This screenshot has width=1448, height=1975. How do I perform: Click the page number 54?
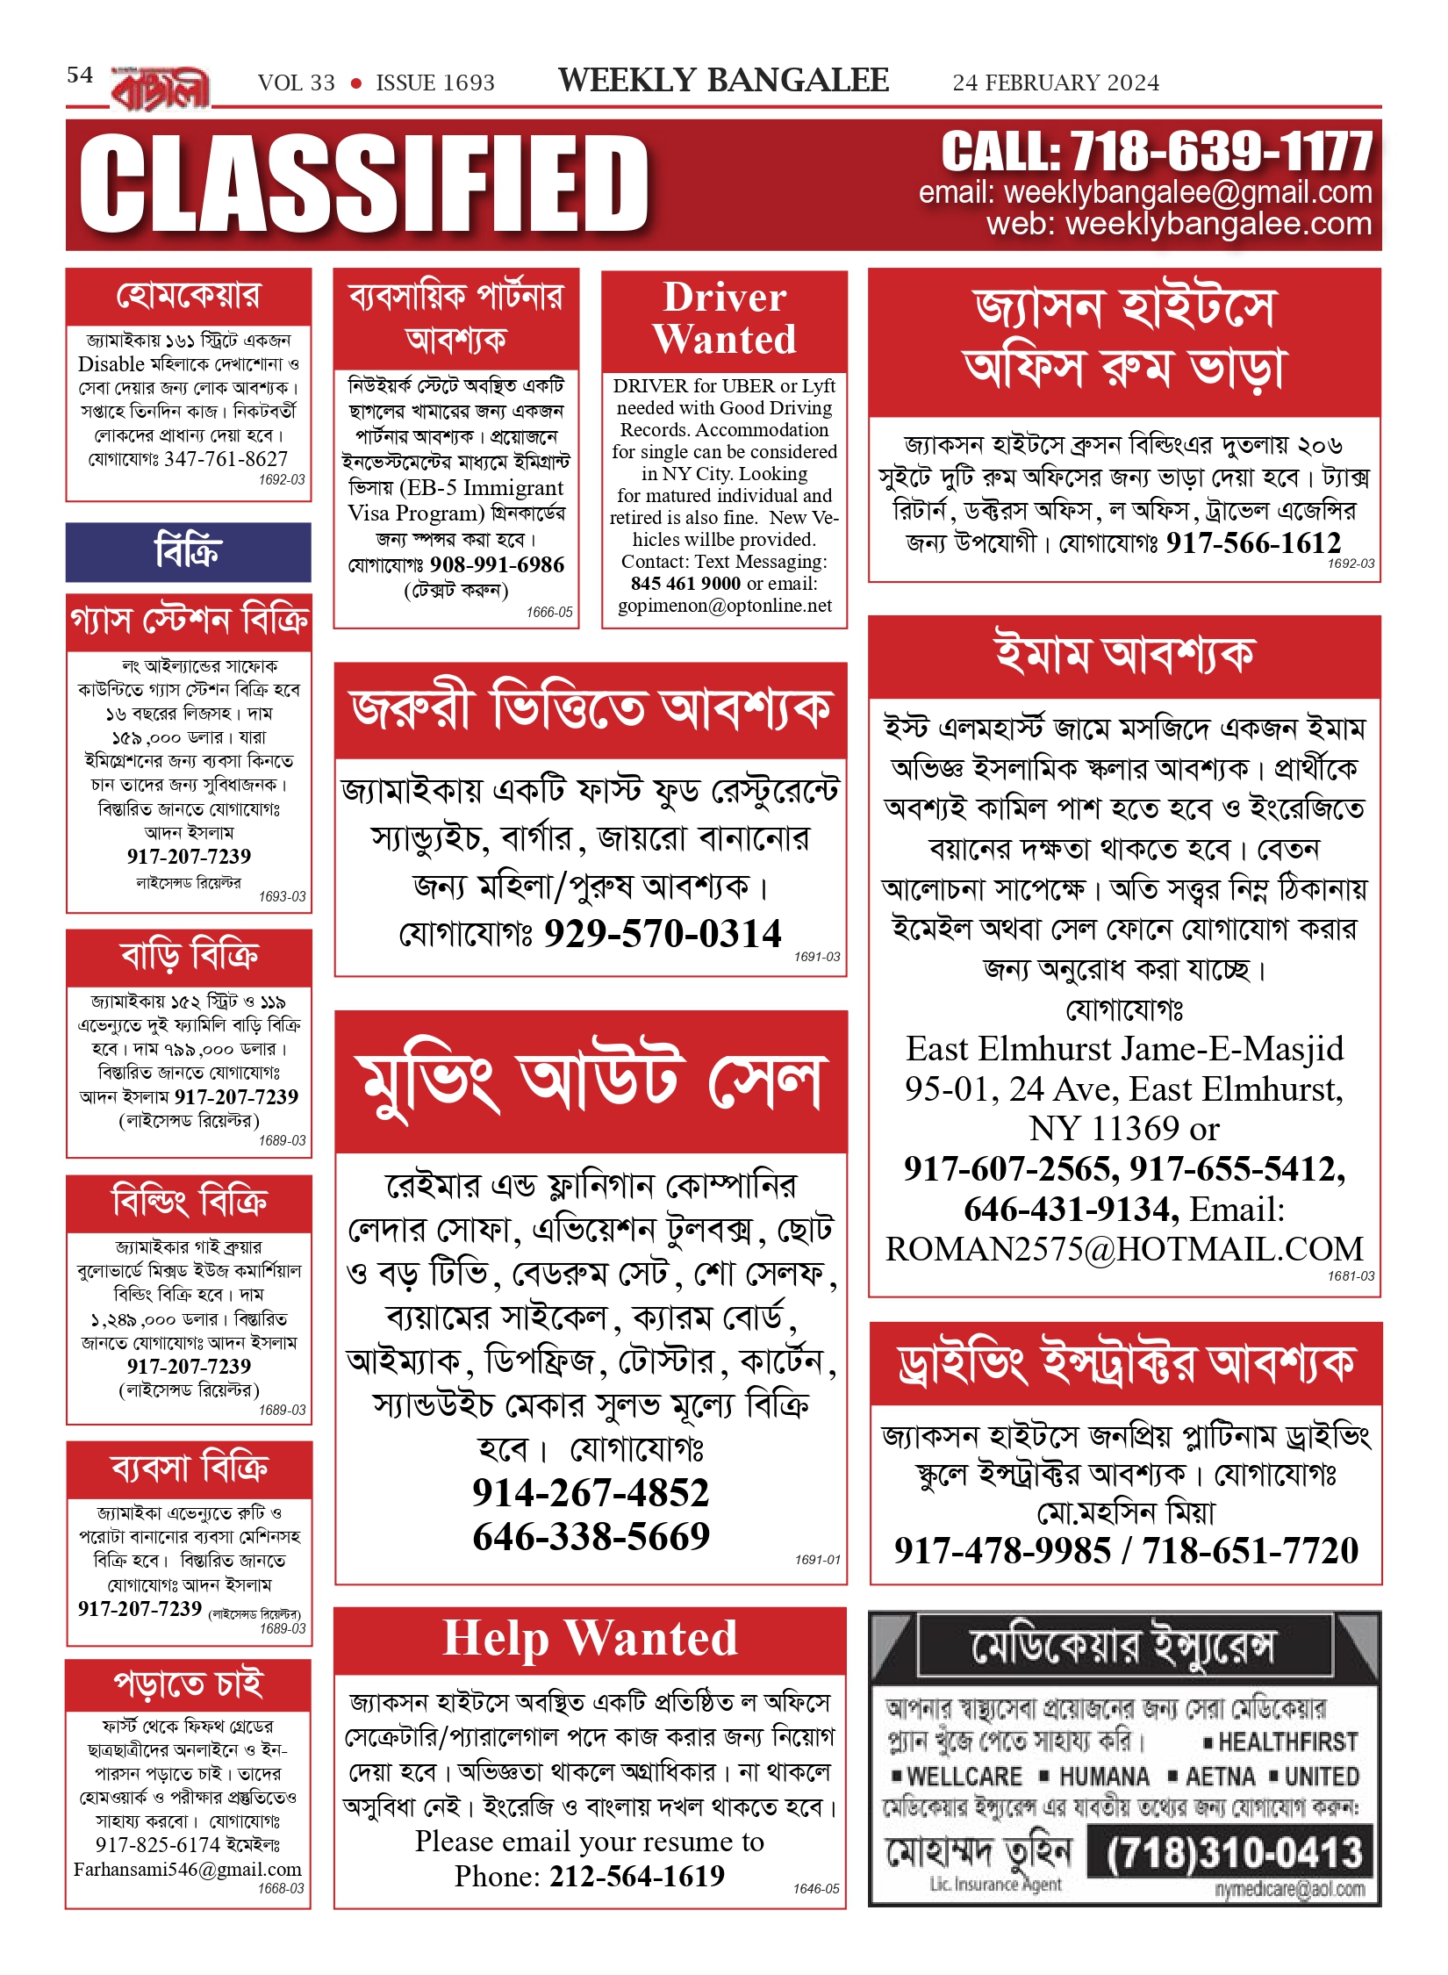point(80,75)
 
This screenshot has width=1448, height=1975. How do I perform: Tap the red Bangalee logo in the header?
point(161,89)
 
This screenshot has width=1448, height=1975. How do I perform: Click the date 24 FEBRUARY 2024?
point(1056,83)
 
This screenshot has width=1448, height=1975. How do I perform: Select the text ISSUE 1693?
point(435,83)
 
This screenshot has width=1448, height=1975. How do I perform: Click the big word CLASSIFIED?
point(364,184)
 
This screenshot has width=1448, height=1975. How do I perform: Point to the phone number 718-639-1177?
point(1221,152)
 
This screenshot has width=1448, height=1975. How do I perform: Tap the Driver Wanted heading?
point(724,318)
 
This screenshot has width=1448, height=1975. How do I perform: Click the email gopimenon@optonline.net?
point(725,606)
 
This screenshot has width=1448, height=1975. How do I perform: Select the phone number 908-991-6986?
point(497,564)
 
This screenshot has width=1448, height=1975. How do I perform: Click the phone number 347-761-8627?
point(226,459)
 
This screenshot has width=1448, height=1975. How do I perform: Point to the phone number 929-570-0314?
point(663,933)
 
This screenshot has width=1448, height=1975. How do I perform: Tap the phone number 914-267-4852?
point(591,1492)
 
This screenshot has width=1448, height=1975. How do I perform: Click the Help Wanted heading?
point(590,1639)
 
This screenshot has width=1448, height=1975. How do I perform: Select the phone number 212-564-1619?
point(637,1876)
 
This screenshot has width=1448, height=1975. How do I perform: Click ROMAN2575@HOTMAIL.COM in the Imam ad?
point(1124,1249)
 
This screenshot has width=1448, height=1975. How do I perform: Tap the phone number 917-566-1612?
point(1253,543)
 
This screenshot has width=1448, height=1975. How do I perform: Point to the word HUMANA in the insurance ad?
point(1104,1777)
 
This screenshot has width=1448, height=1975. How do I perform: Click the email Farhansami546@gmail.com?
point(188,1870)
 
